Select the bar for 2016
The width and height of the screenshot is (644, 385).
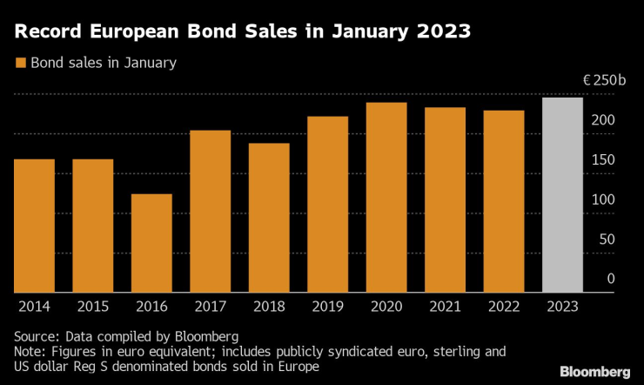151,243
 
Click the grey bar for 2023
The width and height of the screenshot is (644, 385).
562,195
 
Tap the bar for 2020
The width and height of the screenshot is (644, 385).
386,198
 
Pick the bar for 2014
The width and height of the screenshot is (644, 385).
34,226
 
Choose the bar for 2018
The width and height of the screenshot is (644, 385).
269,218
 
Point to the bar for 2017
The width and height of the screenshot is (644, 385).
210,212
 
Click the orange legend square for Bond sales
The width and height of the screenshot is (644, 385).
19,63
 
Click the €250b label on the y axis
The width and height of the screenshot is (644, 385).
604,80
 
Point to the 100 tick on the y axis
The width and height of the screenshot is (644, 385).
605,199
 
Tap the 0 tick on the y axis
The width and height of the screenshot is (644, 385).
611,279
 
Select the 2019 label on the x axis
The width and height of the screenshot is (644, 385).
327,307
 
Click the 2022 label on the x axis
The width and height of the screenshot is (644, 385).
504,307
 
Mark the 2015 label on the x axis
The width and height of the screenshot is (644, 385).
92,307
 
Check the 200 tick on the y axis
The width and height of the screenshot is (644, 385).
605,120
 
